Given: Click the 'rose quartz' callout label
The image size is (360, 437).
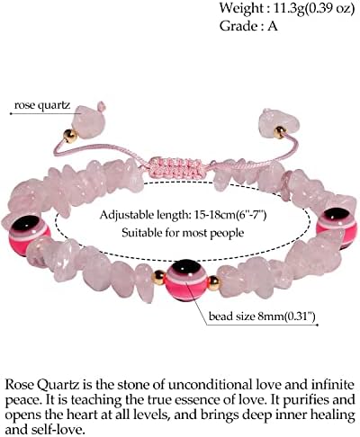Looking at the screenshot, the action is point(42,105).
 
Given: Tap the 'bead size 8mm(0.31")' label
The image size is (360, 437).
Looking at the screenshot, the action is point(262,317).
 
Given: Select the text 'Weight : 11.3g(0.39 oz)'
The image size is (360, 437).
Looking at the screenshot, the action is point(287,8).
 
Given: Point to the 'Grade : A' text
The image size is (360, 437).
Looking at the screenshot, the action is point(248,26).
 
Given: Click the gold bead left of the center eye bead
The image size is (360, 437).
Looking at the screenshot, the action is point(159,277).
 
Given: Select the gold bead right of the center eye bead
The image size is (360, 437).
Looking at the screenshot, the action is point(214,283).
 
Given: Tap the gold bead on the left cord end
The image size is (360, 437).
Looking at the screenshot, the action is point(70,136).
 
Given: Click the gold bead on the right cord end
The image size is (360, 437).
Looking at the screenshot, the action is point(280,132).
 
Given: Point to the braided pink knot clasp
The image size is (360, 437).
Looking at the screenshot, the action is point(175,167).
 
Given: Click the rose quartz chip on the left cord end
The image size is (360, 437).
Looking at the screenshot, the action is point(90,120).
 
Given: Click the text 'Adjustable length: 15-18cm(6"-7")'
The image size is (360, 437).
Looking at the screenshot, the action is point(183,215).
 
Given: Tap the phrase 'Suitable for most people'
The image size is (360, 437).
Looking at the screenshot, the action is point(183,232).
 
